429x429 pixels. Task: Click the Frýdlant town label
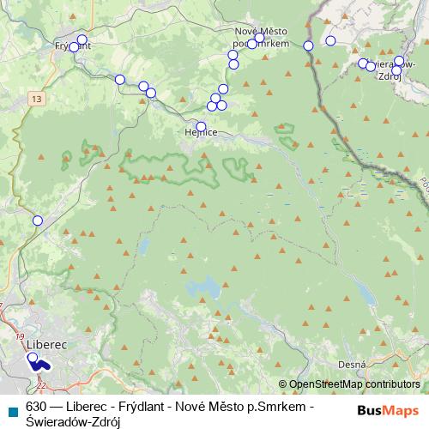click(x=72, y=45)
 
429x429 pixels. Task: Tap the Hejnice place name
click(x=201, y=133)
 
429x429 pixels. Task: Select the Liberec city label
click(x=46, y=343)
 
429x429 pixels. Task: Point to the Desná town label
click(x=352, y=365)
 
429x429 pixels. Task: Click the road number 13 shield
click(x=35, y=100)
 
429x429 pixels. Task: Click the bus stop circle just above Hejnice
click(x=201, y=126)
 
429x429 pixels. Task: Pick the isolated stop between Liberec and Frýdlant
click(x=37, y=221)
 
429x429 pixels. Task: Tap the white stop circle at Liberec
click(x=32, y=357)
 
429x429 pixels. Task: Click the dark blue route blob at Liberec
click(x=40, y=364)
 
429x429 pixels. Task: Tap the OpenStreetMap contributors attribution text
click(x=354, y=384)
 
